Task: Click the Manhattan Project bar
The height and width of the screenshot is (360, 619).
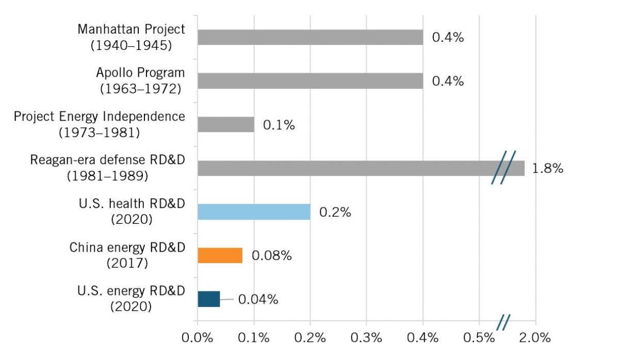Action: pyautogui.click(x=310, y=37)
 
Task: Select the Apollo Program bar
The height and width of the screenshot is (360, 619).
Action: pyautogui.click(x=310, y=81)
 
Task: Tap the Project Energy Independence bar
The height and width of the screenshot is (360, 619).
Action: pyautogui.click(x=226, y=124)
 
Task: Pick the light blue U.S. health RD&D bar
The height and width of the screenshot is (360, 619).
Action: pyautogui.click(x=254, y=212)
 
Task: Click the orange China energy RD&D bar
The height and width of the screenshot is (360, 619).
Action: pyautogui.click(x=220, y=255)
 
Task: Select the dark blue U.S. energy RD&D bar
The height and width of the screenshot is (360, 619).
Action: pyautogui.click(x=209, y=299)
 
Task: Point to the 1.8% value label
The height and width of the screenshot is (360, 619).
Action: pyautogui.click(x=548, y=169)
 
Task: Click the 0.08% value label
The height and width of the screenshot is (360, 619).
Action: pyautogui.click(x=272, y=256)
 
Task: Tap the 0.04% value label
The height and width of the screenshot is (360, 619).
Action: pyautogui.click(x=258, y=300)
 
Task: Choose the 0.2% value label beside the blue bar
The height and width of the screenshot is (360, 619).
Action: pyautogui.click(x=335, y=212)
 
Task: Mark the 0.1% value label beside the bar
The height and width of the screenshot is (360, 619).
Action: pyautogui.click(x=279, y=125)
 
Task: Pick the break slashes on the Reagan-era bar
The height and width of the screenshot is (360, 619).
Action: pyautogui.click(x=503, y=168)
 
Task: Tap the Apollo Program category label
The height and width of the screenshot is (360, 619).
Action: pyautogui.click(x=140, y=80)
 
